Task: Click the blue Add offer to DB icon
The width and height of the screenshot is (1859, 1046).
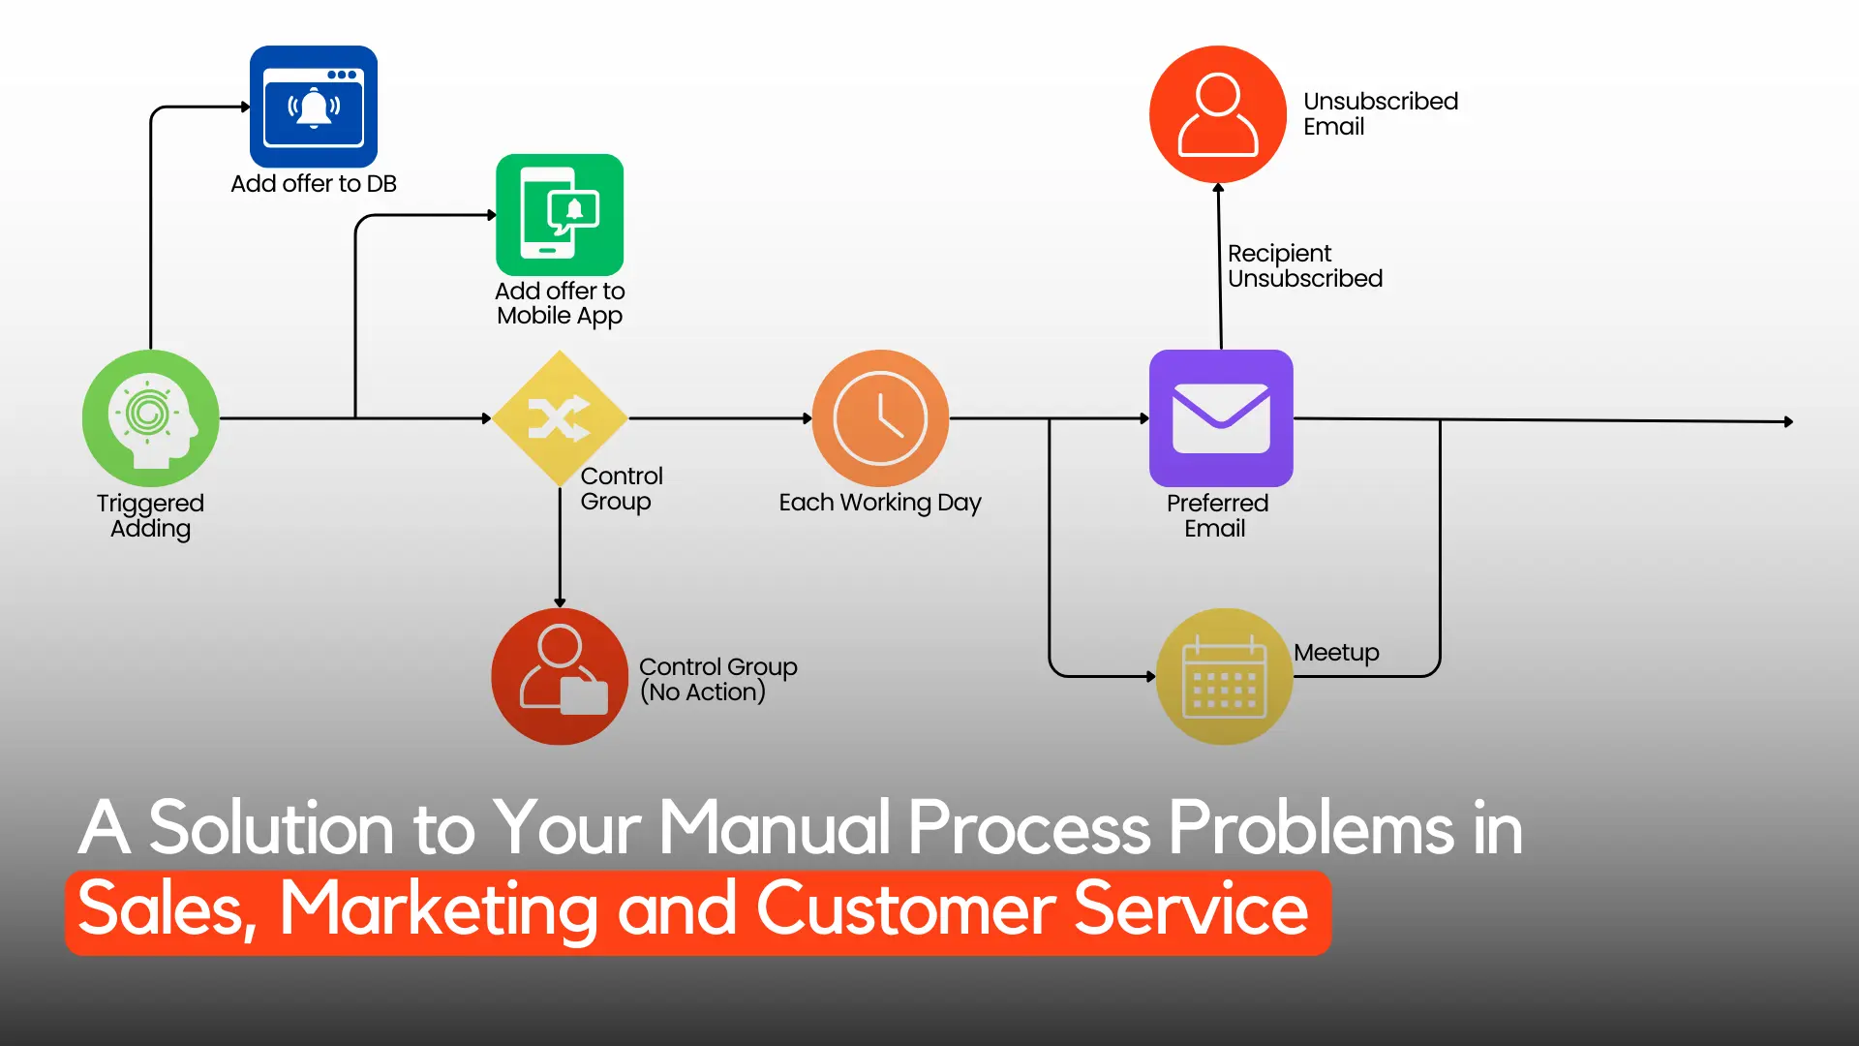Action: point(314,107)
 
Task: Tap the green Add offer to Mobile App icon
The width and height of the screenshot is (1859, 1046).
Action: point(560,215)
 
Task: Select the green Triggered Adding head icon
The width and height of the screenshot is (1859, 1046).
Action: point(151,418)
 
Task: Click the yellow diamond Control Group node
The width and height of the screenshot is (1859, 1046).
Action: point(560,418)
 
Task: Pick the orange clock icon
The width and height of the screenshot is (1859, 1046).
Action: point(880,418)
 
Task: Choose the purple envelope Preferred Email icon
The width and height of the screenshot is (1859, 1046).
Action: point(1221,418)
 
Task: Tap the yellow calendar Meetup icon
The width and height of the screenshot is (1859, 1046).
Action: point(1225,676)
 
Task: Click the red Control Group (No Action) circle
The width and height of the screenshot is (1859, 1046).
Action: point(560,676)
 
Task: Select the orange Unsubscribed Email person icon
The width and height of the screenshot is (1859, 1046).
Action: point(1218,114)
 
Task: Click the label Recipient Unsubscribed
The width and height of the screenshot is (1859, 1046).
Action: point(1305,266)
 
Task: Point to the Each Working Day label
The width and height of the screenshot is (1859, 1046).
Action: point(880,503)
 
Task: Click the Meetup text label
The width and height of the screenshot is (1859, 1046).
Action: point(1336,653)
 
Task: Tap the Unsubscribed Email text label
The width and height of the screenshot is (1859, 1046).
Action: point(1381,113)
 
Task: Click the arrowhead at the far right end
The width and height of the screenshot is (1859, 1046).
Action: point(1789,422)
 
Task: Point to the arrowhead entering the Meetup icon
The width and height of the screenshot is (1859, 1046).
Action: point(1151,676)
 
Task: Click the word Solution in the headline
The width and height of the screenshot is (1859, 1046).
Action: point(271,828)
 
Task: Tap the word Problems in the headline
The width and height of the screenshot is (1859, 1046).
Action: point(1311,828)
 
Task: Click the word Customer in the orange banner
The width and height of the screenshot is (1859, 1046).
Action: point(905,909)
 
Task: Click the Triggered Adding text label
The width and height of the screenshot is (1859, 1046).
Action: point(150,516)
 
